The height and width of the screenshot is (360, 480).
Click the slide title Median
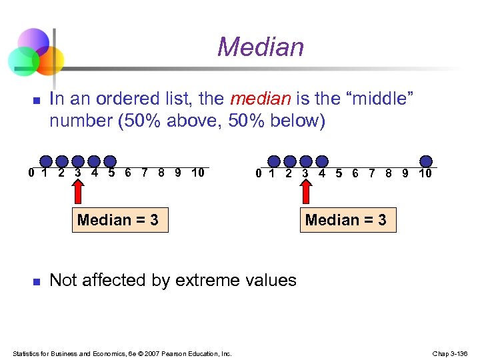click(260, 47)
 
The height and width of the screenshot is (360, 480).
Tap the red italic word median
click(260, 100)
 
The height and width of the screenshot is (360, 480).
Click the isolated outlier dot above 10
click(426, 161)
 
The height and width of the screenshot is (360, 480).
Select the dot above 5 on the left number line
click(110, 161)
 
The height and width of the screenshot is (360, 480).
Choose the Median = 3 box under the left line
click(118, 220)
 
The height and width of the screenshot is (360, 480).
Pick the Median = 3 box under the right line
click(345, 220)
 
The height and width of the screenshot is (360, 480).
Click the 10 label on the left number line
click(197, 173)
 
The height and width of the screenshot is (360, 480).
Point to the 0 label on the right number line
click(259, 173)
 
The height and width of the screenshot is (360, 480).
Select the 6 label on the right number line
click(355, 173)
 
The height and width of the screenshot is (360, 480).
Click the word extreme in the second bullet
click(206, 280)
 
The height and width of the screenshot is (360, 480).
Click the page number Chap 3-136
click(451, 353)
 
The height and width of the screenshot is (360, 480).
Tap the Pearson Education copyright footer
click(122, 353)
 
